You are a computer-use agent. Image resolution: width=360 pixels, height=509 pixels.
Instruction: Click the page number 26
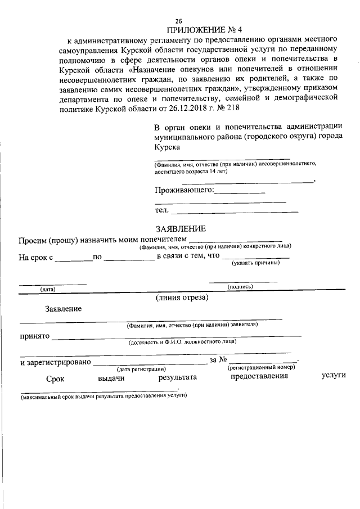179,20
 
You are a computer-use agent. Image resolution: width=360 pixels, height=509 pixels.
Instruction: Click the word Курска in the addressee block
167,147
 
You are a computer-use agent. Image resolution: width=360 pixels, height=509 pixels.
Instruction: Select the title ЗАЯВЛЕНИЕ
181,229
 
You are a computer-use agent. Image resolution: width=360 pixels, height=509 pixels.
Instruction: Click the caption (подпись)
240,286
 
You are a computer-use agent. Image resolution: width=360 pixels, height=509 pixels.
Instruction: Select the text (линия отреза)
182,298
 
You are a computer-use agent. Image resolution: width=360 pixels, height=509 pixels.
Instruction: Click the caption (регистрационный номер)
262,367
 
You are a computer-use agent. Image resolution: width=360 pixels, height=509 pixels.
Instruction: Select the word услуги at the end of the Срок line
333,376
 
